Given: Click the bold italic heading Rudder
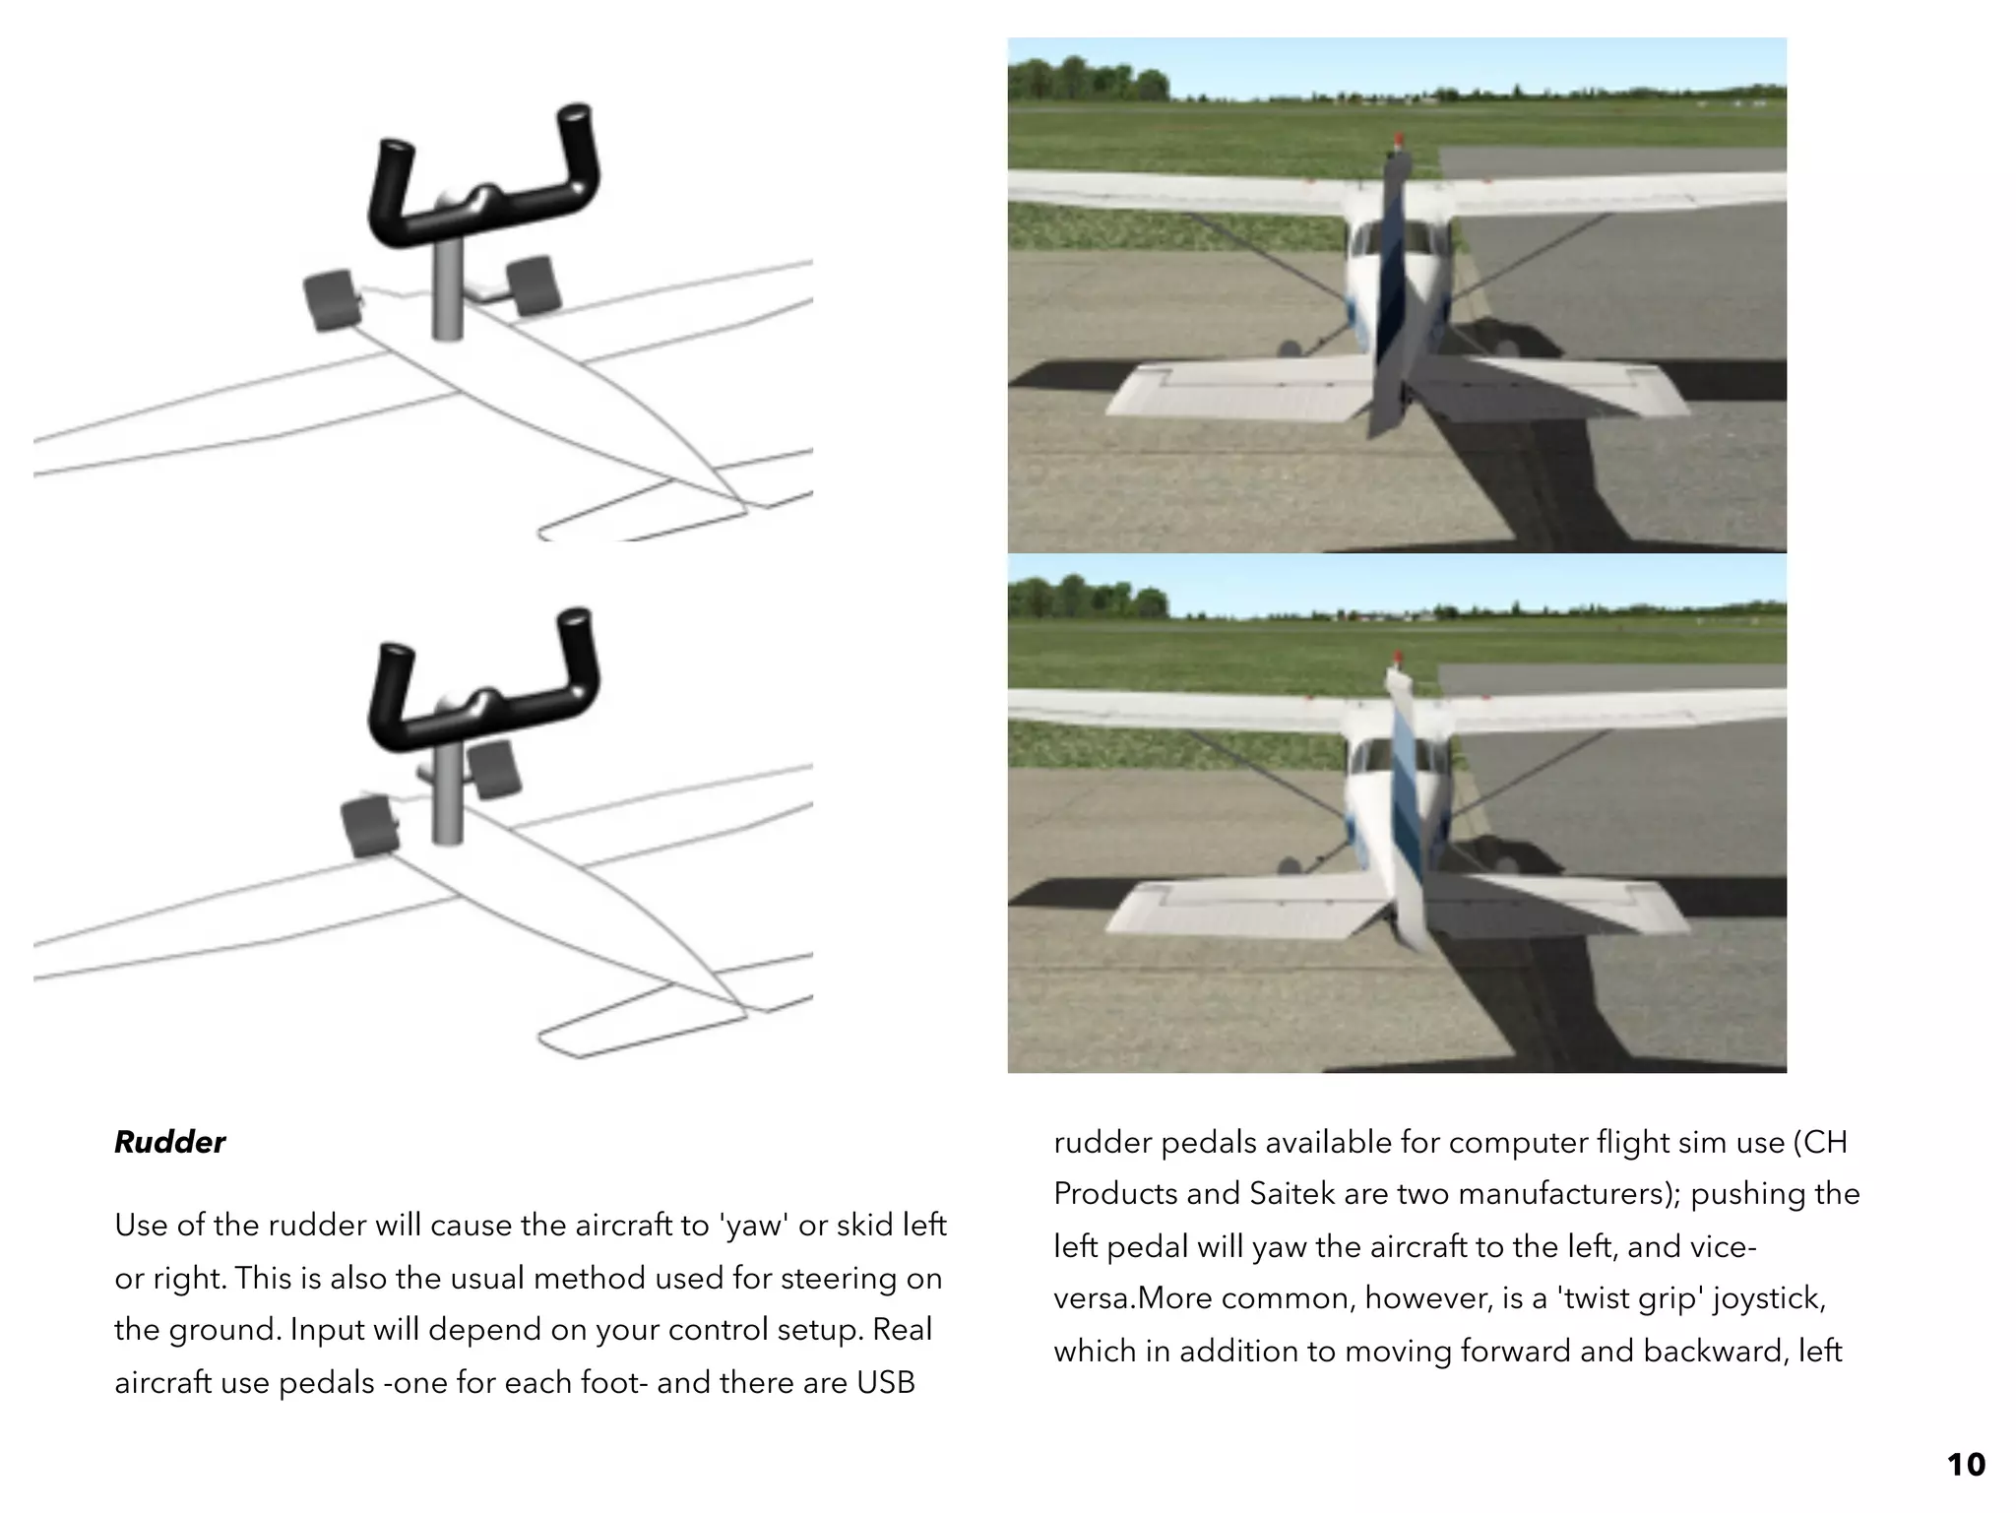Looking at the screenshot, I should coord(169,1142).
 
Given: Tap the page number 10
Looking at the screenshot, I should coord(1965,1465).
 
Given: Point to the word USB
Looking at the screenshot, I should coord(885,1383).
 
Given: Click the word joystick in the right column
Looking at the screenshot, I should coord(1769,1298).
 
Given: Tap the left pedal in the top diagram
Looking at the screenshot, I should coord(329,299).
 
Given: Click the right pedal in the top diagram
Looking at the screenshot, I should coord(534,284).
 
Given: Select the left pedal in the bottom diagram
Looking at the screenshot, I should coord(369,827).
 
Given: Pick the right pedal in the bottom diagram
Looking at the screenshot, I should coord(494,769).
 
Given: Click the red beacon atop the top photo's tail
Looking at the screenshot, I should coord(1399,142).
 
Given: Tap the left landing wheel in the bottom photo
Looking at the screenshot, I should coord(1288,865).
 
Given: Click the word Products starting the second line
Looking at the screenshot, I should coord(1114,1194).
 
